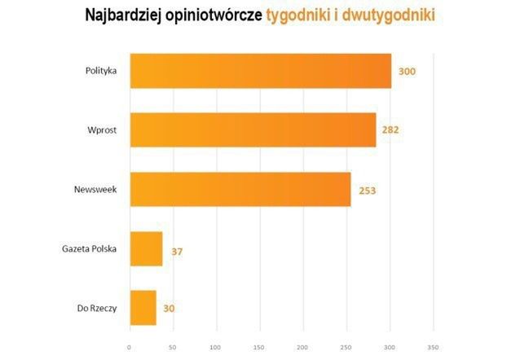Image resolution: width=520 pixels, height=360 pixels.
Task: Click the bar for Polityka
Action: point(260,71)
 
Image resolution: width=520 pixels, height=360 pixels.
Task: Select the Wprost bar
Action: point(253,130)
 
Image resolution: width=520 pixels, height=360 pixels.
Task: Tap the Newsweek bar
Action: point(240,189)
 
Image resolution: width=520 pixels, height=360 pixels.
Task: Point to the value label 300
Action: point(408,72)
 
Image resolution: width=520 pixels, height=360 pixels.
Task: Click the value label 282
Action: point(392,130)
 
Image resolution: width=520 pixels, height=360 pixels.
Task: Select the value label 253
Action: point(367,190)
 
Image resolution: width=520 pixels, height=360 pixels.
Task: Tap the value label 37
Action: point(177,251)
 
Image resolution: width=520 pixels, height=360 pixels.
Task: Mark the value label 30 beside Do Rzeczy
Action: point(169,309)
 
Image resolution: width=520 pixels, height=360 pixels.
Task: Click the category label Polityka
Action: point(102,71)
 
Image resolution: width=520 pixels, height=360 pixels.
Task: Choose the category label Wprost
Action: point(104,130)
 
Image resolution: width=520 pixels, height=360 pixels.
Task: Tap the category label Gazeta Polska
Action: point(90,248)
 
